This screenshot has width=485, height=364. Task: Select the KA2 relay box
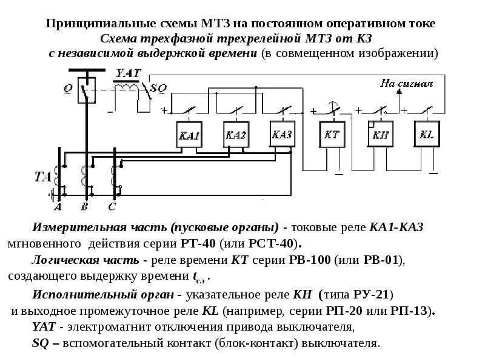235,135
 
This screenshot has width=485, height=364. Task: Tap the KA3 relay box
283,134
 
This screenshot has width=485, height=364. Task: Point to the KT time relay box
332,135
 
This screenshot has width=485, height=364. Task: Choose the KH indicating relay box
380,135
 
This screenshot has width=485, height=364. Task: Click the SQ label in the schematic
158,87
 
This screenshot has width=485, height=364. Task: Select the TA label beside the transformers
42,177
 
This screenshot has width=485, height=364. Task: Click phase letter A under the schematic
59,206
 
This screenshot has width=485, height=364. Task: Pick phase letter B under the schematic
85,206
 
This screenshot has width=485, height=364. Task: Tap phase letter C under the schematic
112,206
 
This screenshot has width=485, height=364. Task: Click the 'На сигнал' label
406,83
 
